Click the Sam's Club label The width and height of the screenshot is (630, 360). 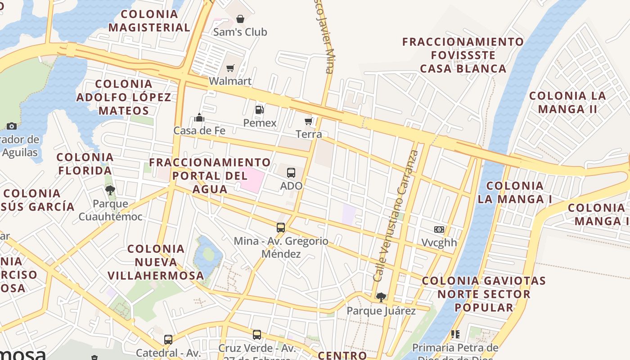click(x=240, y=32)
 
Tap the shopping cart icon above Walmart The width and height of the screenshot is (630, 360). click(x=230, y=68)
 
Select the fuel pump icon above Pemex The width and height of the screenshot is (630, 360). click(x=259, y=109)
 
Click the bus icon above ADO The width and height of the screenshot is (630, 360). click(x=291, y=172)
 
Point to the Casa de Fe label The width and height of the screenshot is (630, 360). click(x=199, y=130)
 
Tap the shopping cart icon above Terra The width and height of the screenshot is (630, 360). click(x=309, y=121)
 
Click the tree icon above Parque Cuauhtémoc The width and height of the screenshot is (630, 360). click(x=110, y=190)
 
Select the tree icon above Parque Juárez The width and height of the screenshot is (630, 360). click(x=381, y=297)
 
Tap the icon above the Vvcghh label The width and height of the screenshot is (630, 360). click(x=439, y=229)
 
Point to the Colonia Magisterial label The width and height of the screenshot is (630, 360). click(x=149, y=21)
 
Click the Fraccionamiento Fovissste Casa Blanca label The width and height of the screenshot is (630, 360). click(x=463, y=55)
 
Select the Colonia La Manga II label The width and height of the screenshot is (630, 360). click(x=567, y=102)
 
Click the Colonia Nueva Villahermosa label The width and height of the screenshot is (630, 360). click(x=156, y=262)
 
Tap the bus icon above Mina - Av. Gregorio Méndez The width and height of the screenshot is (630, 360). click(x=281, y=228)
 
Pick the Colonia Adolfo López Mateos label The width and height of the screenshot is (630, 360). click(x=124, y=97)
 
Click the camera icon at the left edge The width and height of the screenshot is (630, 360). click(x=12, y=126)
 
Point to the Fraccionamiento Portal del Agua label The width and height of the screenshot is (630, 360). click(x=210, y=175)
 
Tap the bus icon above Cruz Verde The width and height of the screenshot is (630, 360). click(x=257, y=335)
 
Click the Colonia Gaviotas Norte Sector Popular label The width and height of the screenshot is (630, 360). click(x=484, y=294)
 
